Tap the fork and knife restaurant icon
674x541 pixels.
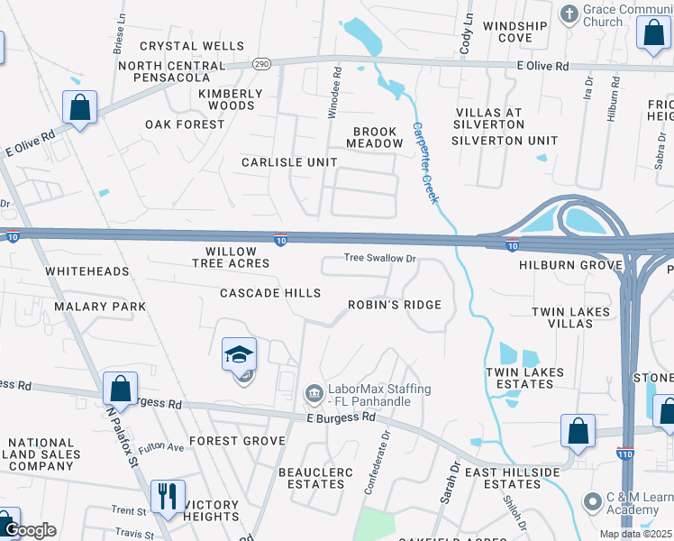coord(168,497)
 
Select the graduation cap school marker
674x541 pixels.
coord(240,354)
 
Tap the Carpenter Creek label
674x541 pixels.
coord(424,162)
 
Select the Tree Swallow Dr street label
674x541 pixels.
coord(379,259)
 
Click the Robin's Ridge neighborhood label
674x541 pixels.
coord(395,305)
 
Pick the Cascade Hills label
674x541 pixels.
coord(270,293)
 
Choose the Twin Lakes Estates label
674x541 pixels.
coord(524,378)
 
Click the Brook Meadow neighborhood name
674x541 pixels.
coord(377,137)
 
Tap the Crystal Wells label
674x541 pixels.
coord(192,46)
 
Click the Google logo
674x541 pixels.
coord(30,529)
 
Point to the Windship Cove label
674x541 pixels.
coord(514,32)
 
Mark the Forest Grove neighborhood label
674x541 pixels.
coord(238,441)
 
